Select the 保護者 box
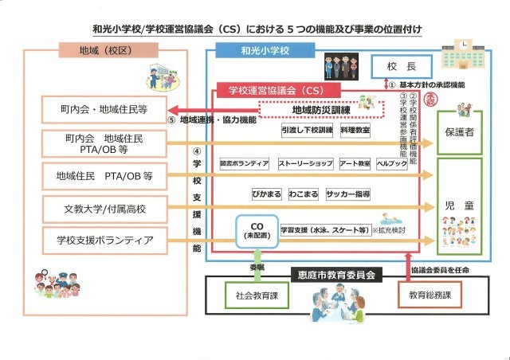[x=459, y=132]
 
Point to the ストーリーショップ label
[x=305, y=163]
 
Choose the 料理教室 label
[x=355, y=129]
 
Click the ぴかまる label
[x=262, y=194]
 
